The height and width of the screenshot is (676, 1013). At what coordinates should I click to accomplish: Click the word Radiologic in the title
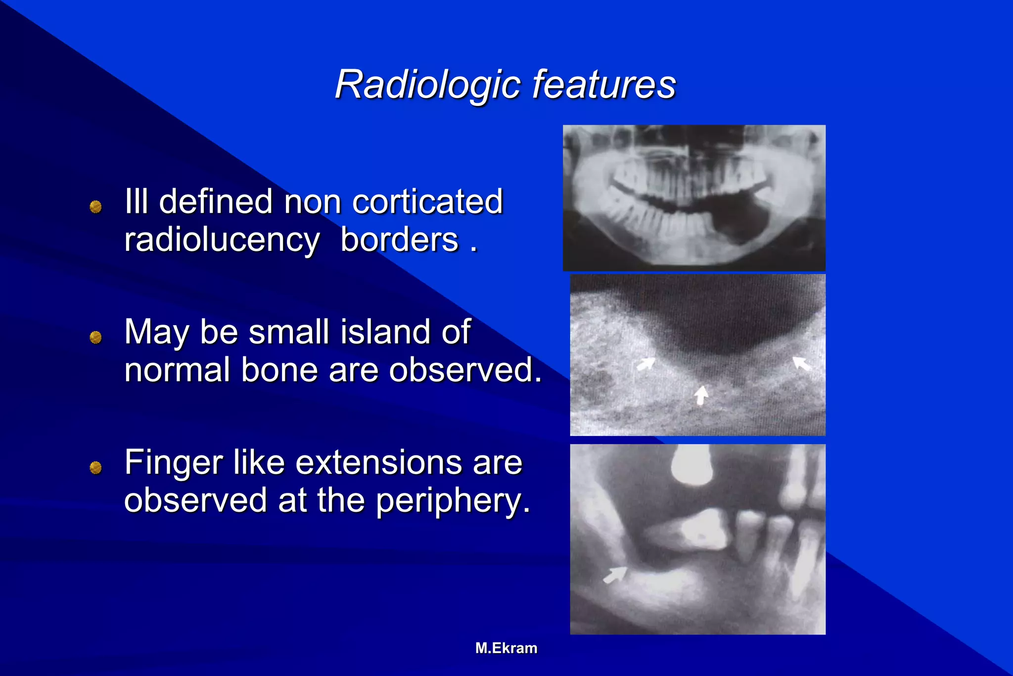(427, 84)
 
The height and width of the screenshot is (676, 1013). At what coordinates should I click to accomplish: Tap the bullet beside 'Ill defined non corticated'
(95, 206)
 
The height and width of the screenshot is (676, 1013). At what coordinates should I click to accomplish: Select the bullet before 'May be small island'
(95, 338)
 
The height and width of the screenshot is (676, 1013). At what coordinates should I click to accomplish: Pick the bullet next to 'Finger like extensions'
(95, 468)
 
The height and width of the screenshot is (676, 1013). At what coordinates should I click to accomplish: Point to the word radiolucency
(222, 241)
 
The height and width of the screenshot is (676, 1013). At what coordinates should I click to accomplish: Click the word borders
(400, 241)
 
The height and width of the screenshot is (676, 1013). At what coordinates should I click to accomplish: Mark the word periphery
(453, 501)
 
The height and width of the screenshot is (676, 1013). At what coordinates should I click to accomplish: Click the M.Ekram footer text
(506, 648)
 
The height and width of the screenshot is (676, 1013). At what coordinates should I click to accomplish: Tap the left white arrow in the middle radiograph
(645, 364)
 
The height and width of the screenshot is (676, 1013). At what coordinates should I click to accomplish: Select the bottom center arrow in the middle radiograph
(701, 395)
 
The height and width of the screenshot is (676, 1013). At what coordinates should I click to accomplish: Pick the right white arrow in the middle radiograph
(801, 363)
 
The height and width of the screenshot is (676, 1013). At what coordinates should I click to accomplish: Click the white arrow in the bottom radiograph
(615, 576)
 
